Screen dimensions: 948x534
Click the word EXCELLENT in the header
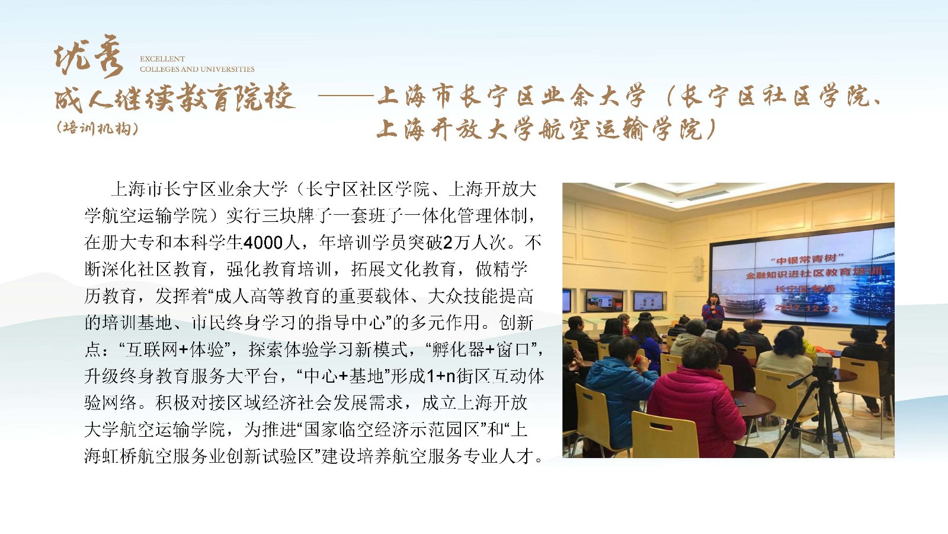pyautogui.click(x=162, y=59)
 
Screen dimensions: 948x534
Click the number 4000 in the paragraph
pyautogui.click(x=263, y=243)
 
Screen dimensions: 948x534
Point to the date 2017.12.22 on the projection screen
pyautogui.click(x=806, y=308)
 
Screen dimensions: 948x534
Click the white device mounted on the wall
pyautogui.click(x=697, y=268)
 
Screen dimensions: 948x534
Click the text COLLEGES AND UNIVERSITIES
pyautogui.click(x=197, y=69)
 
